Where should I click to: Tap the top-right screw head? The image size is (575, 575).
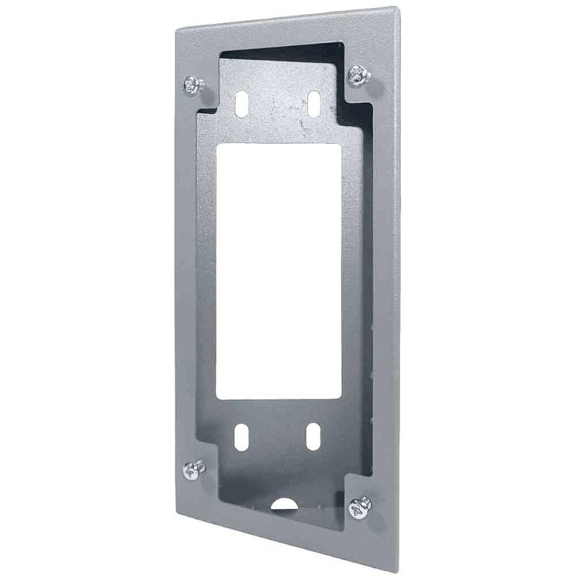[x=359, y=74]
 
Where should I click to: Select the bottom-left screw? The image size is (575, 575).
[x=193, y=469]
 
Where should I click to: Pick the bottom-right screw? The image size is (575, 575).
[x=360, y=507]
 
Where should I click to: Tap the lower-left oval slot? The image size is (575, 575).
[x=241, y=437]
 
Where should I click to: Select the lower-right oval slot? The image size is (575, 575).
[x=313, y=437]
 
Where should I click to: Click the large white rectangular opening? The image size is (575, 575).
[x=279, y=270]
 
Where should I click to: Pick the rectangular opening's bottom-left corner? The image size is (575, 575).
[x=217, y=399]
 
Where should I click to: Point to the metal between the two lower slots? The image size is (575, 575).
[x=277, y=437]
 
